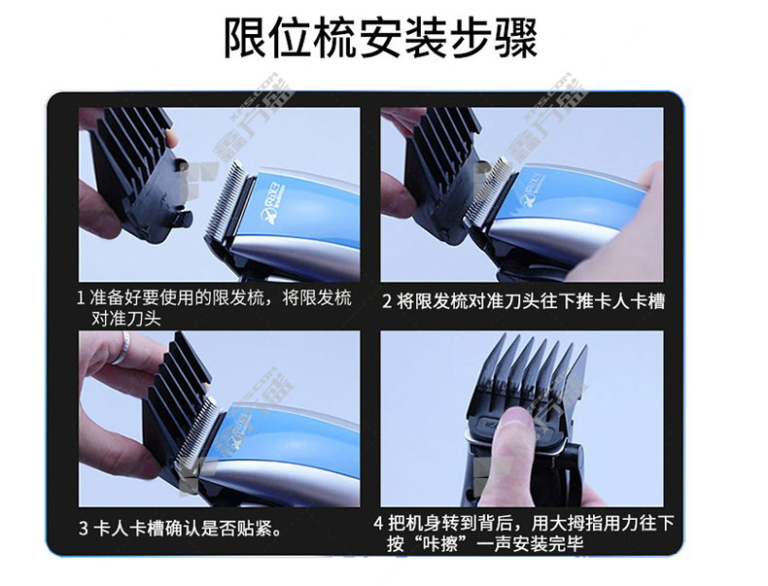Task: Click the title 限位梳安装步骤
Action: (380, 38)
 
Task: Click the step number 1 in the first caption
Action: (82, 298)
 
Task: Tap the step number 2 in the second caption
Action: (387, 301)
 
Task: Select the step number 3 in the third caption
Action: (84, 529)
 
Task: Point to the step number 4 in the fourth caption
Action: (378, 524)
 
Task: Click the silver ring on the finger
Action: (122, 348)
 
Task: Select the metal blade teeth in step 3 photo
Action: (196, 431)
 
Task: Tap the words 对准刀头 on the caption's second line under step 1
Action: (126, 319)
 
